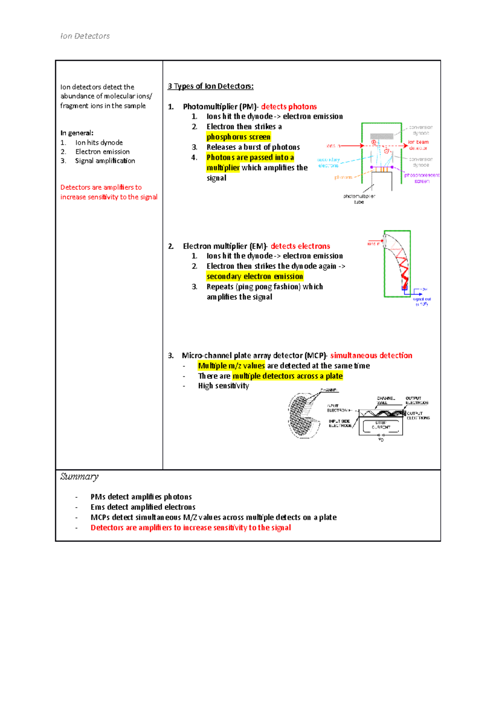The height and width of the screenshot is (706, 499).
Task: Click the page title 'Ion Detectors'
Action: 85,36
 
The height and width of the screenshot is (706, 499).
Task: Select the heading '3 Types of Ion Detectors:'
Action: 210,86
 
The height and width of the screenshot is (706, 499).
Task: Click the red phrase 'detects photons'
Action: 289,107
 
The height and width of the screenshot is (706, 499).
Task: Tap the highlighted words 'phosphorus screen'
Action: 238,137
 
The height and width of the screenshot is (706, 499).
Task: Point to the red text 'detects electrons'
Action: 300,246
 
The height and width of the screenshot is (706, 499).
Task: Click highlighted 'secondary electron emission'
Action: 254,276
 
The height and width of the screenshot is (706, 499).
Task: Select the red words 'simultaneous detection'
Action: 371,355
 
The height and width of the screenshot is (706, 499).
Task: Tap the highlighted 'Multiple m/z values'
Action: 231,366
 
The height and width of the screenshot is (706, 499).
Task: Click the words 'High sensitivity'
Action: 223,386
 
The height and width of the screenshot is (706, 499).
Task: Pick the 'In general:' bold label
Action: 77,133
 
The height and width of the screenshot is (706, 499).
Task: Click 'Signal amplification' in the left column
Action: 105,161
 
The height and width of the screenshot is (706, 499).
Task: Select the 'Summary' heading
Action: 79,476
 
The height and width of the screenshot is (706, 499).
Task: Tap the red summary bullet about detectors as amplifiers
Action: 190,528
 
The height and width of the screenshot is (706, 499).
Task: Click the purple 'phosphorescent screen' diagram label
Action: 421,178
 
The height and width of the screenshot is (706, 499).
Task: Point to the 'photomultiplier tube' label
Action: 359,199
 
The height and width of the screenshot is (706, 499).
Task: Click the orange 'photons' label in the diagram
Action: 343,178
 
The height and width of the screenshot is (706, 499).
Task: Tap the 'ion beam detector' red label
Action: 418,145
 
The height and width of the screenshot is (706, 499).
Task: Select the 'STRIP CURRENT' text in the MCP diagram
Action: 380,425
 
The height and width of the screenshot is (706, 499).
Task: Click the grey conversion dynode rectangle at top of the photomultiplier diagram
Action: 381,136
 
